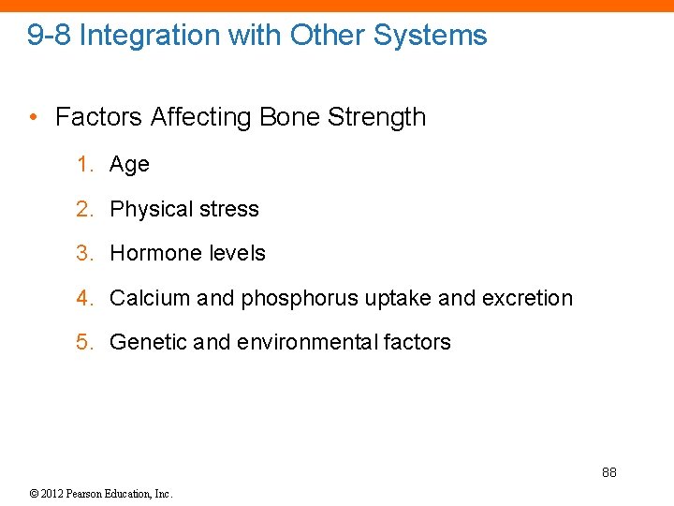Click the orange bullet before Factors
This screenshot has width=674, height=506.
(x=33, y=117)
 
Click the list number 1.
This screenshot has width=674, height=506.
(x=84, y=165)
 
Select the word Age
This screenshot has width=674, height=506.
(x=129, y=165)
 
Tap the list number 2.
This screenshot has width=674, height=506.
(x=84, y=209)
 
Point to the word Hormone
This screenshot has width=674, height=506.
(x=151, y=253)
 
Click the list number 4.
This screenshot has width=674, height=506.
(x=84, y=298)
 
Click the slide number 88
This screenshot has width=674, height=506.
(x=608, y=472)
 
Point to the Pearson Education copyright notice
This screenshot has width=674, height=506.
(x=101, y=493)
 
